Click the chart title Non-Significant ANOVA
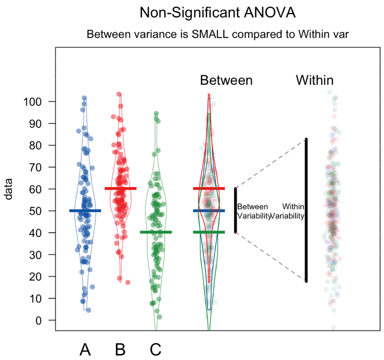click(x=218, y=13)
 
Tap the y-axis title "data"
click(x=9, y=189)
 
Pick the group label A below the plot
click(x=85, y=349)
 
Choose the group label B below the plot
click(x=120, y=349)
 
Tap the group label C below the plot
click(x=155, y=349)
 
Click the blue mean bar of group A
click(x=85, y=211)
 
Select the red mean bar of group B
click(x=120, y=189)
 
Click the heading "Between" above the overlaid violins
click(x=226, y=80)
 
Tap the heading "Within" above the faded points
click(x=315, y=80)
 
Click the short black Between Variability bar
click(x=235, y=210)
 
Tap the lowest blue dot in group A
click(x=88, y=310)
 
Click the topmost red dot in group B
click(x=119, y=94)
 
